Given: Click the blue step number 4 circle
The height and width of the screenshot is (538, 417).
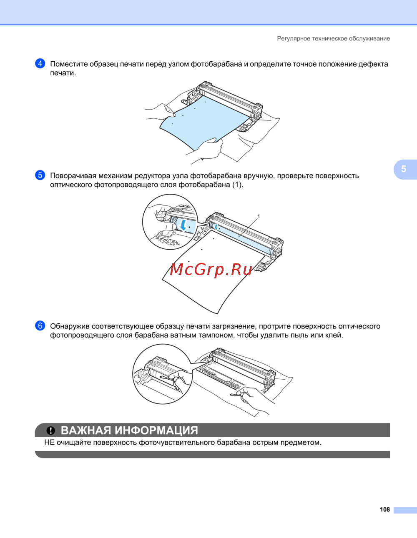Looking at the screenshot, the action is click(40, 64).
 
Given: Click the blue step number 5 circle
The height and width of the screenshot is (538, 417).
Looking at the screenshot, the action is click(40, 175).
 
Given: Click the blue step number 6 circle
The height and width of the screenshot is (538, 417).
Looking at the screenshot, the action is click(40, 326).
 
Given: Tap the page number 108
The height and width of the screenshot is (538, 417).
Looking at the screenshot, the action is click(385, 510).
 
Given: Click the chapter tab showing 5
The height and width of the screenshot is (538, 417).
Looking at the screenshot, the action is click(404, 169).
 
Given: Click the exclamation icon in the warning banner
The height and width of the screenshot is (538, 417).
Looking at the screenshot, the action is click(50, 431).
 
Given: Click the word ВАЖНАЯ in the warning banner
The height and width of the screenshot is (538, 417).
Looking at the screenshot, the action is click(86, 430).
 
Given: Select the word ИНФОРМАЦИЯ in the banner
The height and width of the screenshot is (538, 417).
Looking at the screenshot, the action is click(157, 431).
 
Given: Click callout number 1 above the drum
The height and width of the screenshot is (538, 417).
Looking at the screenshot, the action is click(259, 217).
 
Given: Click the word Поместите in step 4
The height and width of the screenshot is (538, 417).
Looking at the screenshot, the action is click(68, 64).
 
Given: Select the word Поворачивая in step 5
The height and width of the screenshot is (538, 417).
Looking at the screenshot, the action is click(73, 176).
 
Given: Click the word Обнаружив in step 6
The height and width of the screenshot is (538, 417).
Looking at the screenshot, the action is click(70, 326).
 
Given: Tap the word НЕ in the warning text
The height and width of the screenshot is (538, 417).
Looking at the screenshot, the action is click(49, 443).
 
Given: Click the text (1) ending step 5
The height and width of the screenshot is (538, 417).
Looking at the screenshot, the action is click(237, 185).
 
